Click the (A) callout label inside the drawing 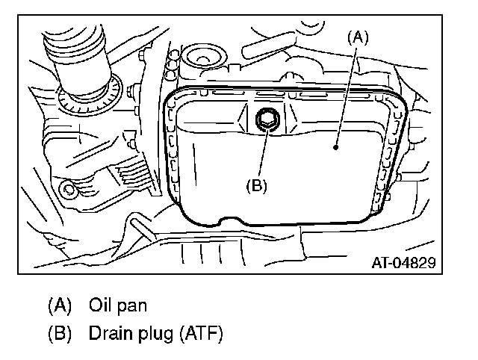[x=358, y=36]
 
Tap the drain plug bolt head [x=266, y=119]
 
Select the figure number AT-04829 [x=404, y=262]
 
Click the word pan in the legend [x=131, y=305]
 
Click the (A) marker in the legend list [x=60, y=305]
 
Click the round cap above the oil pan [x=202, y=58]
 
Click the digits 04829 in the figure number [x=415, y=262]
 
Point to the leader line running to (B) [x=260, y=153]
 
